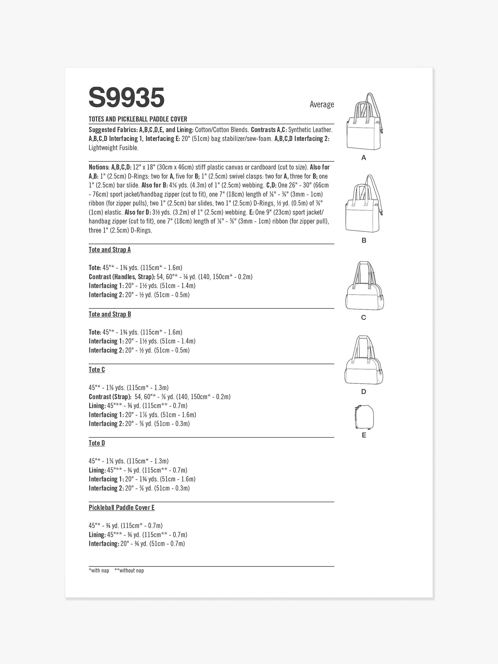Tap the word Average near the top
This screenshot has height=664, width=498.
click(322, 104)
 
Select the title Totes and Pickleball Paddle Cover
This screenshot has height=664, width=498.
click(138, 119)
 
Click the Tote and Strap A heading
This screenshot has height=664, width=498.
click(110, 250)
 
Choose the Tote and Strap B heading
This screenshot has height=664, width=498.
click(110, 314)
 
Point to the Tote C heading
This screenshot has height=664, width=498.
click(97, 370)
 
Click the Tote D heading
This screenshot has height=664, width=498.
click(97, 443)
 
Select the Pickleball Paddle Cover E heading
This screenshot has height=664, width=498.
click(122, 508)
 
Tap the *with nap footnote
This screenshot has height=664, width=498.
click(99, 570)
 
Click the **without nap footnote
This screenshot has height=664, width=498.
click(129, 570)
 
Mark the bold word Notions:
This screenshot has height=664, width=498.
click(99, 167)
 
